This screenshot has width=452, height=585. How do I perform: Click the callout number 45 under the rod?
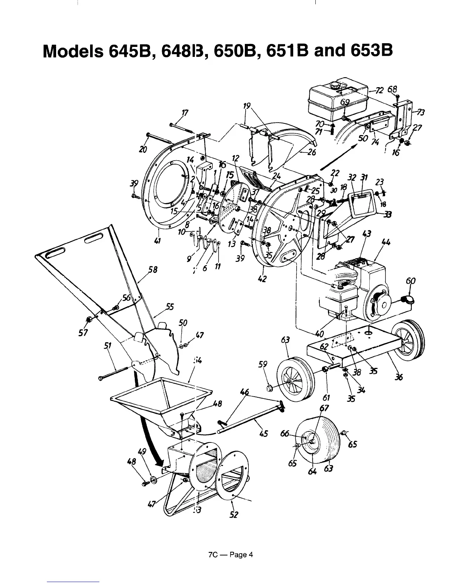pos(263,433)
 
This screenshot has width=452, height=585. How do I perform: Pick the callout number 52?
pos(234,514)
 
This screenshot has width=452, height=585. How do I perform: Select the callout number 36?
pos(398,377)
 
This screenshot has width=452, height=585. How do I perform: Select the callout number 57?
pos(83,333)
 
